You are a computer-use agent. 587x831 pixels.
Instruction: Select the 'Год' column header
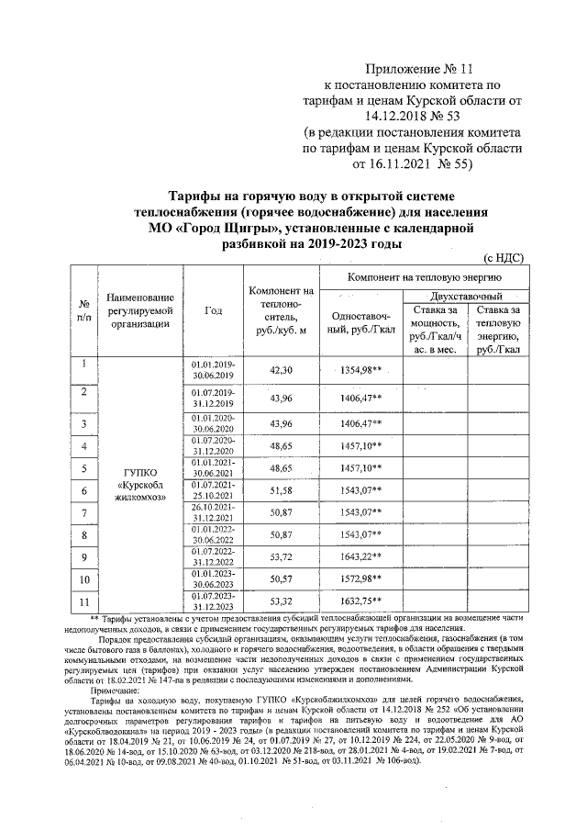coord(213,309)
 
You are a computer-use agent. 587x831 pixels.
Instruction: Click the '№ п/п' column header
coord(84,309)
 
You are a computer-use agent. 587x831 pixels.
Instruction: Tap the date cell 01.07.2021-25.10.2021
coord(213,489)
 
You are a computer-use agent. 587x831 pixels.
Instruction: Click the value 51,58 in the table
coord(281,489)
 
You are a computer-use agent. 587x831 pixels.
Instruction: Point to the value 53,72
coord(281,556)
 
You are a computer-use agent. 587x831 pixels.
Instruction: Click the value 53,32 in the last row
coord(281,602)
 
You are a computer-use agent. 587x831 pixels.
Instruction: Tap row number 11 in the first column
coord(84,602)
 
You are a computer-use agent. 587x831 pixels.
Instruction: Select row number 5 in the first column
coord(84,468)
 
